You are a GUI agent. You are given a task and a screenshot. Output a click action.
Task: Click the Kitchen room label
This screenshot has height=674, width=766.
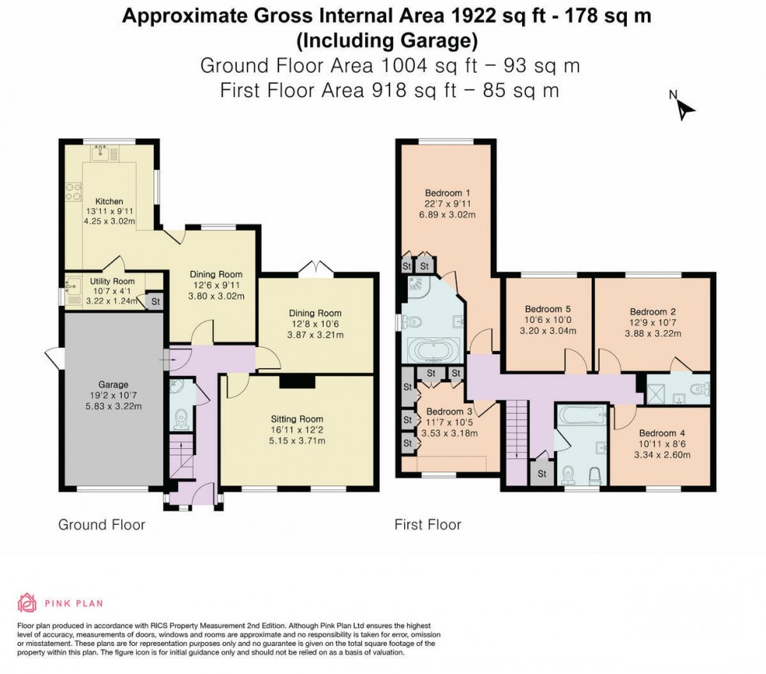point(98,200)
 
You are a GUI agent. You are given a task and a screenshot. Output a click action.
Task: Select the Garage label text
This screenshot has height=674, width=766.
point(114,385)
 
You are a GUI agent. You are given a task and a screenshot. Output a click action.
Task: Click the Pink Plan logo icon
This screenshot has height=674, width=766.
point(27,602)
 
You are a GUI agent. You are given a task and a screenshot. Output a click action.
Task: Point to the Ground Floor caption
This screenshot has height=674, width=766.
point(102,525)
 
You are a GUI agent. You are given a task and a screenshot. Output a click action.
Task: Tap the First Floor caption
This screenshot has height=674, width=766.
point(428,525)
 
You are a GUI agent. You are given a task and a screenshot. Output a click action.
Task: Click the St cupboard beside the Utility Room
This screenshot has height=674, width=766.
point(154,301)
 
